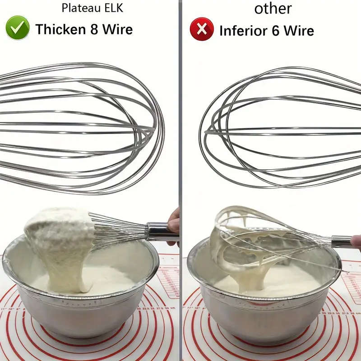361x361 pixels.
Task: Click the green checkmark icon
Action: point(18,28)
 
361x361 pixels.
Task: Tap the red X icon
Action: point(201,29)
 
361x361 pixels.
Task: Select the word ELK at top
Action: point(110,8)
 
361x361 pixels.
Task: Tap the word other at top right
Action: point(273,8)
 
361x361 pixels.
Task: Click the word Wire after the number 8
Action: point(117,29)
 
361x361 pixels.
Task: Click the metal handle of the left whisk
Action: point(158,231)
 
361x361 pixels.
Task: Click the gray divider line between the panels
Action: point(180,135)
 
